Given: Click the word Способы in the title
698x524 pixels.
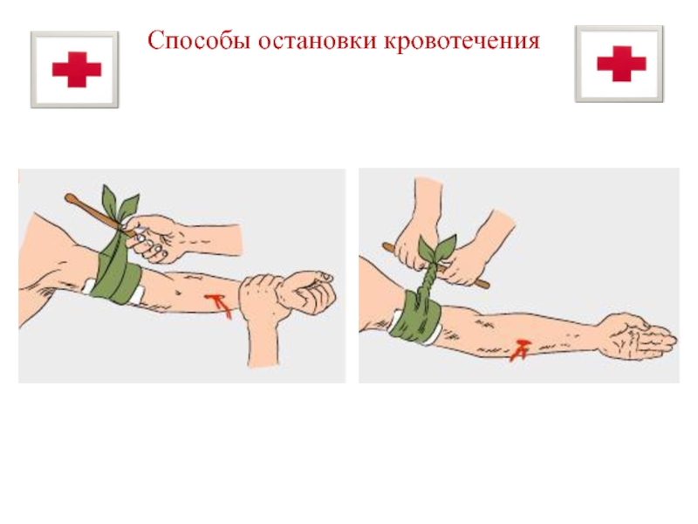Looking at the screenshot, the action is pos(199,41).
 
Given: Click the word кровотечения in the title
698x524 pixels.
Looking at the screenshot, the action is pos(462,41).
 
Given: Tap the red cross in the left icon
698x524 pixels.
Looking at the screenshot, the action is pos(77,70).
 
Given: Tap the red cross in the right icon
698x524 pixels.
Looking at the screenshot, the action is pos(621,64).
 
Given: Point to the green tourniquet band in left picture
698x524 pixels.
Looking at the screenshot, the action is pos(117,272).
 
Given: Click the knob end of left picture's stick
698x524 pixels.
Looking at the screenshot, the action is pos(70,198).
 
